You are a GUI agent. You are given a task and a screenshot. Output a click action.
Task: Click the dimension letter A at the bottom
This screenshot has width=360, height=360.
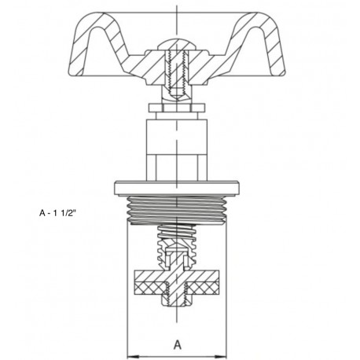click(178, 343)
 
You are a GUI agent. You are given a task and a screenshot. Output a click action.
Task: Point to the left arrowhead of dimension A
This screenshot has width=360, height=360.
click(130, 352)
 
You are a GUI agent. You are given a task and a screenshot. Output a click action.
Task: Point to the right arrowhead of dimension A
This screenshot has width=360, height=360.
click(227, 352)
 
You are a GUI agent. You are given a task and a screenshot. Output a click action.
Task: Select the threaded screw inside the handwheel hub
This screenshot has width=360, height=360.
click(178, 66)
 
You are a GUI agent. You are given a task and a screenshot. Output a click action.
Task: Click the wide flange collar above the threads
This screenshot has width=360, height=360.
click(178, 186)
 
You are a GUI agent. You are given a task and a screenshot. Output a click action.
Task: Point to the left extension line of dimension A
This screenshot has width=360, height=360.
click(127, 299)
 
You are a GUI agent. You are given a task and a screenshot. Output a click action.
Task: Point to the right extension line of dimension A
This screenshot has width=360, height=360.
click(230, 299)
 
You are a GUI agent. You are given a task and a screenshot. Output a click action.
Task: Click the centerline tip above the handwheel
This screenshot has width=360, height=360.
click(178, 6)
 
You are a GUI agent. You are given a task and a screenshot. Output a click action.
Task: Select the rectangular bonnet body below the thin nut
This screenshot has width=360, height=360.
click(178, 149)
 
